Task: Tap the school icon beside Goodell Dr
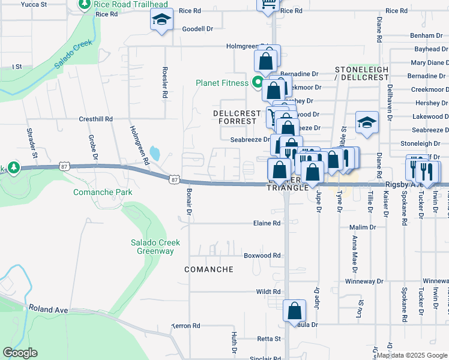click(x=161, y=21)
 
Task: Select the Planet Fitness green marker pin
click(x=259, y=83)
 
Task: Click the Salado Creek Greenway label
click(x=152, y=247)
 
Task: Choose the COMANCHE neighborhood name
click(x=208, y=269)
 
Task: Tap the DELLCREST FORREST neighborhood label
click(x=237, y=117)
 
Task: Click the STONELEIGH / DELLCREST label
click(x=361, y=74)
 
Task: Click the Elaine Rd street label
click(x=268, y=223)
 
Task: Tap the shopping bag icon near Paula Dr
click(x=295, y=311)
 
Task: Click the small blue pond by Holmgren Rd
click(x=155, y=153)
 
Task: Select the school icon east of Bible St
click(x=367, y=122)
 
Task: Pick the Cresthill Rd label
click(x=96, y=119)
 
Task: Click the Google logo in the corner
click(x=20, y=353)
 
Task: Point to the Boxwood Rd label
click(x=262, y=256)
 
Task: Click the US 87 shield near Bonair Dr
click(x=174, y=179)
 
